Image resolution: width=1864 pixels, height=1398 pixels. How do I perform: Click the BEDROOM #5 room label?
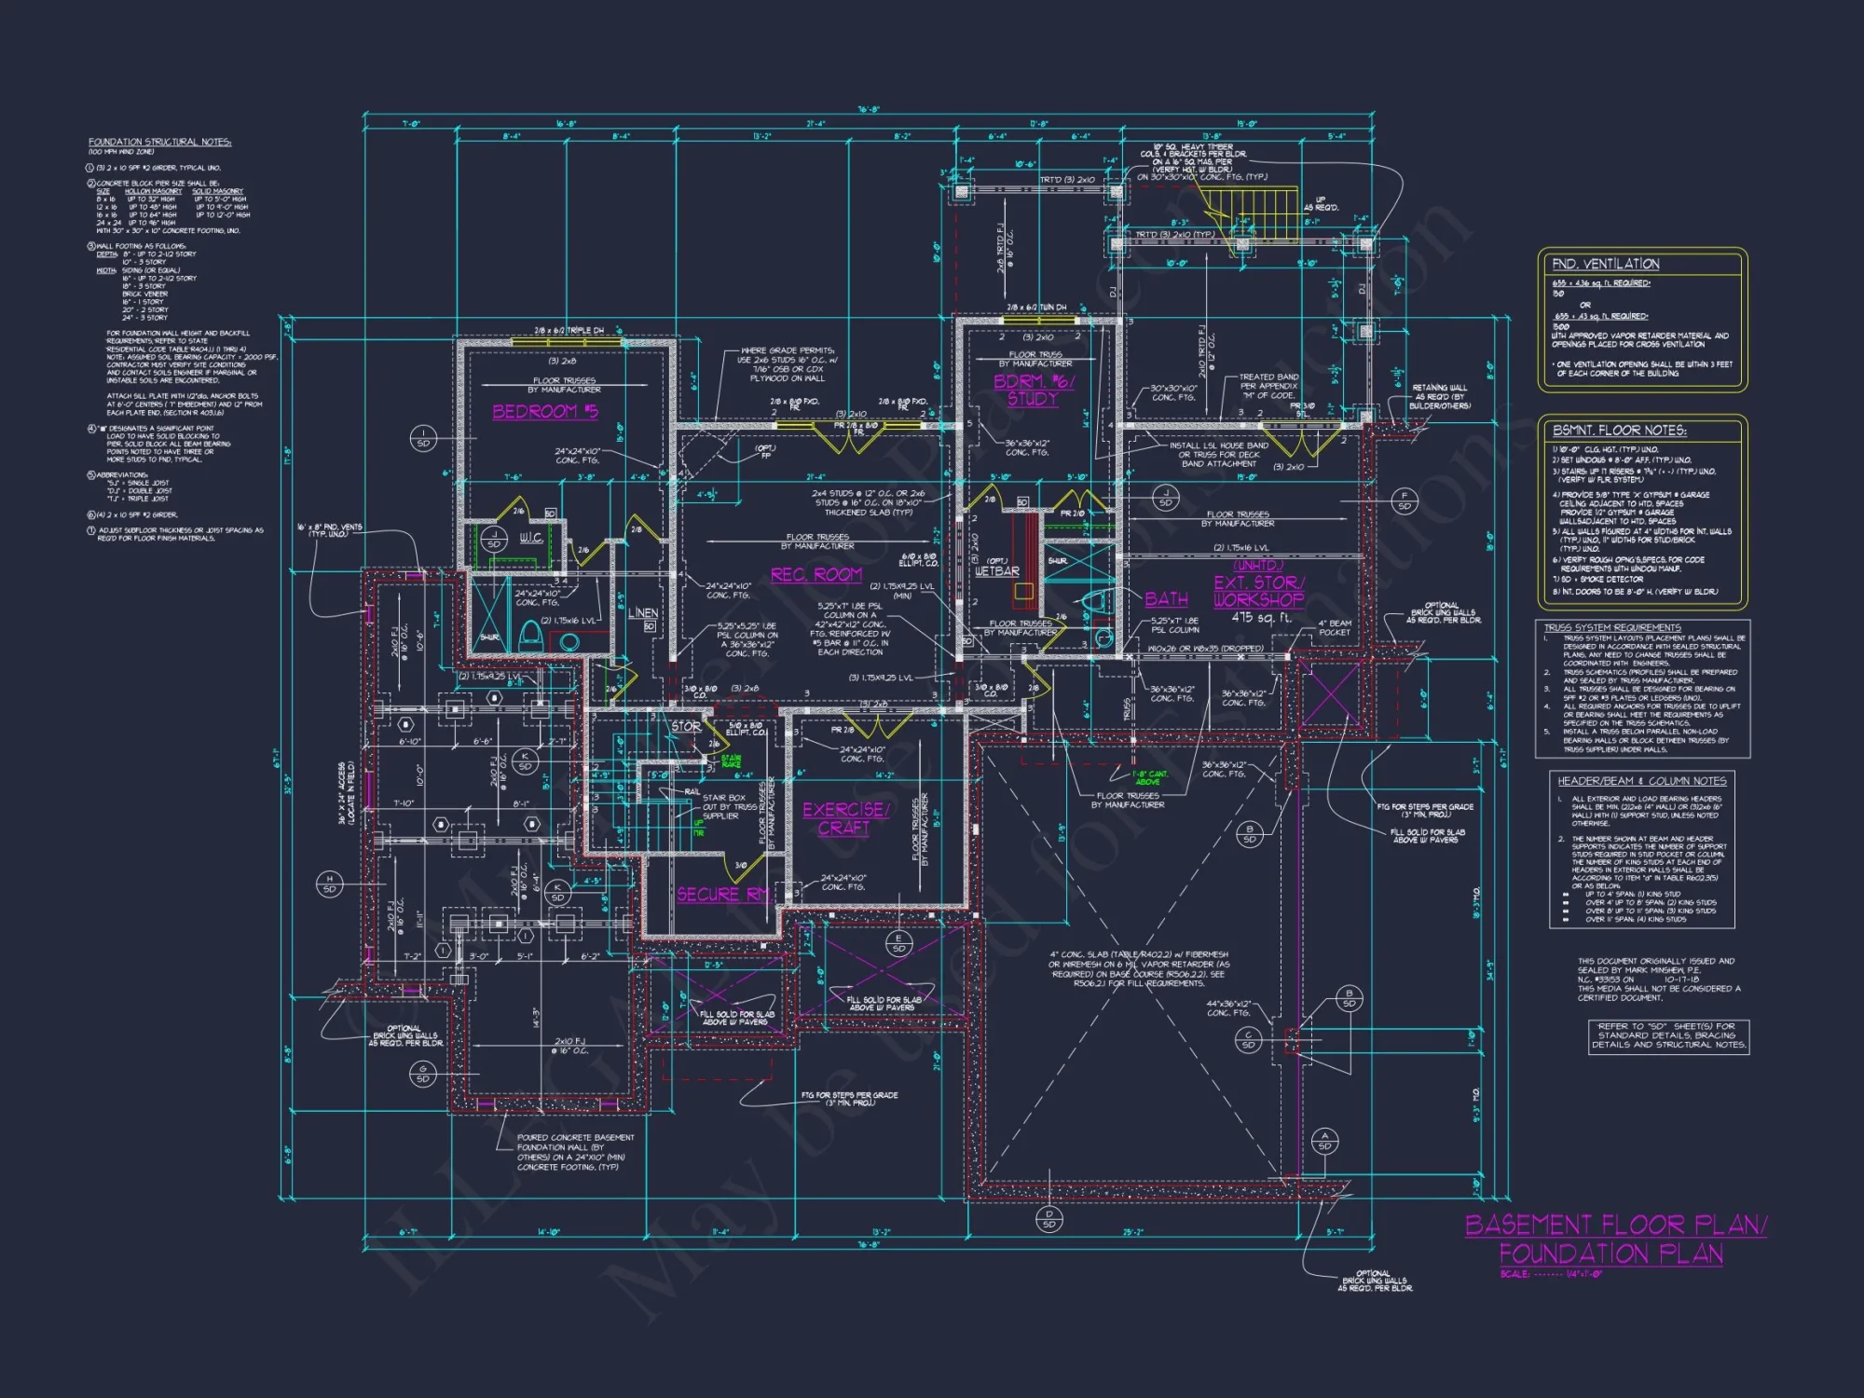pos(545,411)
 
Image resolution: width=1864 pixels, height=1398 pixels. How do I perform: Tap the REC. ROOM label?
pos(815,575)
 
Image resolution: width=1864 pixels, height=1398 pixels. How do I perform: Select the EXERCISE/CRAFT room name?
pos(845,818)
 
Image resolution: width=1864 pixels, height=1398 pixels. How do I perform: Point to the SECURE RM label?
pos(723,894)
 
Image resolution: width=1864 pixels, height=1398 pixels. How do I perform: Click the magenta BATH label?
pos(1166,599)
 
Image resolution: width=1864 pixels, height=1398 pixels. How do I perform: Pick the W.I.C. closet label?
pos(530,538)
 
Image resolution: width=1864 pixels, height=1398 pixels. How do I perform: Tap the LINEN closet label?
pos(642,612)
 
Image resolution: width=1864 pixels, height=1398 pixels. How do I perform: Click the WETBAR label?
pos(996,570)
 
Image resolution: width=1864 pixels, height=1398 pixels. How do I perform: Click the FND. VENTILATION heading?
pos(1605,264)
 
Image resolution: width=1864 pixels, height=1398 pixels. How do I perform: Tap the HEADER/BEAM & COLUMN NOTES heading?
pos(1641,781)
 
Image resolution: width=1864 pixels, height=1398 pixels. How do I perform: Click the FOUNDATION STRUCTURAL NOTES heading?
pos(159,142)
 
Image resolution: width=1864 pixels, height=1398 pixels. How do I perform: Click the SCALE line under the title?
pos(1550,1274)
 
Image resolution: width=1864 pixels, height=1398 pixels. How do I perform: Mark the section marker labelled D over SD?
pos(1049,1219)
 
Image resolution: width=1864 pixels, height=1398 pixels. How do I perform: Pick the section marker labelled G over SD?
pos(422,1074)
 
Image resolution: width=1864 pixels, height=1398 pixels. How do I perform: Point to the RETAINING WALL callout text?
pos(1439,396)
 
